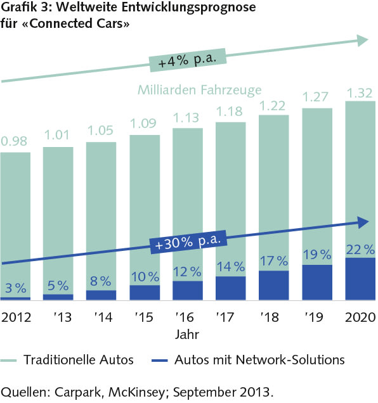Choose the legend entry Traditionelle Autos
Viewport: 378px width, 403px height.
click(79, 360)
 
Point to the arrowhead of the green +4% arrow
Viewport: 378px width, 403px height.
click(361, 40)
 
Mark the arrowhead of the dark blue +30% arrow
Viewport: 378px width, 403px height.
click(362, 222)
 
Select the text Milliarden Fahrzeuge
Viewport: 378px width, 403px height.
click(199, 90)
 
